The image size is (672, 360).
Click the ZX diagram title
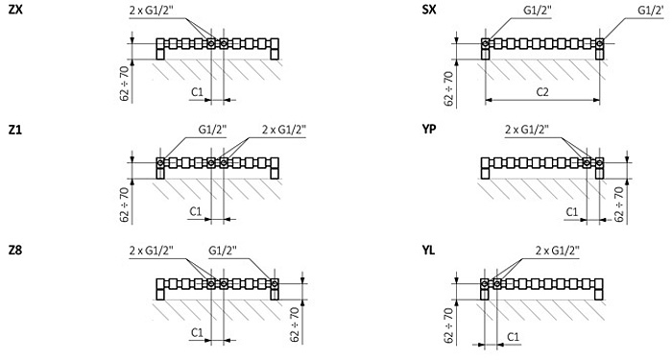pyautogui.click(x=15, y=10)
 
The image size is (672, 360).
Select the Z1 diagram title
pyautogui.click(x=14, y=130)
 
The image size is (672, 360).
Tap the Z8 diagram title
pyautogui.click(x=15, y=250)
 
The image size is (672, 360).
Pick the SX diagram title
pyautogui.click(x=429, y=10)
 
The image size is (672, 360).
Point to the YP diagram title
pyautogui.click(x=429, y=130)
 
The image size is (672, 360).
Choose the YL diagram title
pyautogui.click(x=428, y=250)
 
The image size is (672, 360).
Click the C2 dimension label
pyautogui.click(x=542, y=91)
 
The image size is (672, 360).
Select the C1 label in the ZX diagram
pyautogui.click(x=197, y=91)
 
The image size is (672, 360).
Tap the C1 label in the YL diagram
pyautogui.click(x=513, y=337)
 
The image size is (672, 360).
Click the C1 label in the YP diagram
pyautogui.click(x=572, y=212)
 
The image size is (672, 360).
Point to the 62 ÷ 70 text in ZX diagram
pyautogui.click(x=125, y=83)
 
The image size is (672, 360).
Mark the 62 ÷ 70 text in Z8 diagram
pyautogui.click(x=295, y=324)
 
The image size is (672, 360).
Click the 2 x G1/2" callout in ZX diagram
pyautogui.click(x=152, y=10)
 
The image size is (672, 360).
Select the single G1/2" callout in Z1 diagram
pyautogui.click(x=212, y=130)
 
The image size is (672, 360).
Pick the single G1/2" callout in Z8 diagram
pyautogui.click(x=223, y=251)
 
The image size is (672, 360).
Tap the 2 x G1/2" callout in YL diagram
pyautogui.click(x=558, y=251)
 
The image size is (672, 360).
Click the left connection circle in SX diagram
pyautogui.click(x=486, y=43)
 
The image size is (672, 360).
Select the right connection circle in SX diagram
pyautogui.click(x=600, y=43)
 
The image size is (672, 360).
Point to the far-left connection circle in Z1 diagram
pyautogui.click(x=160, y=163)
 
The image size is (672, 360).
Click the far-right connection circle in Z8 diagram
pyautogui.click(x=275, y=283)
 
